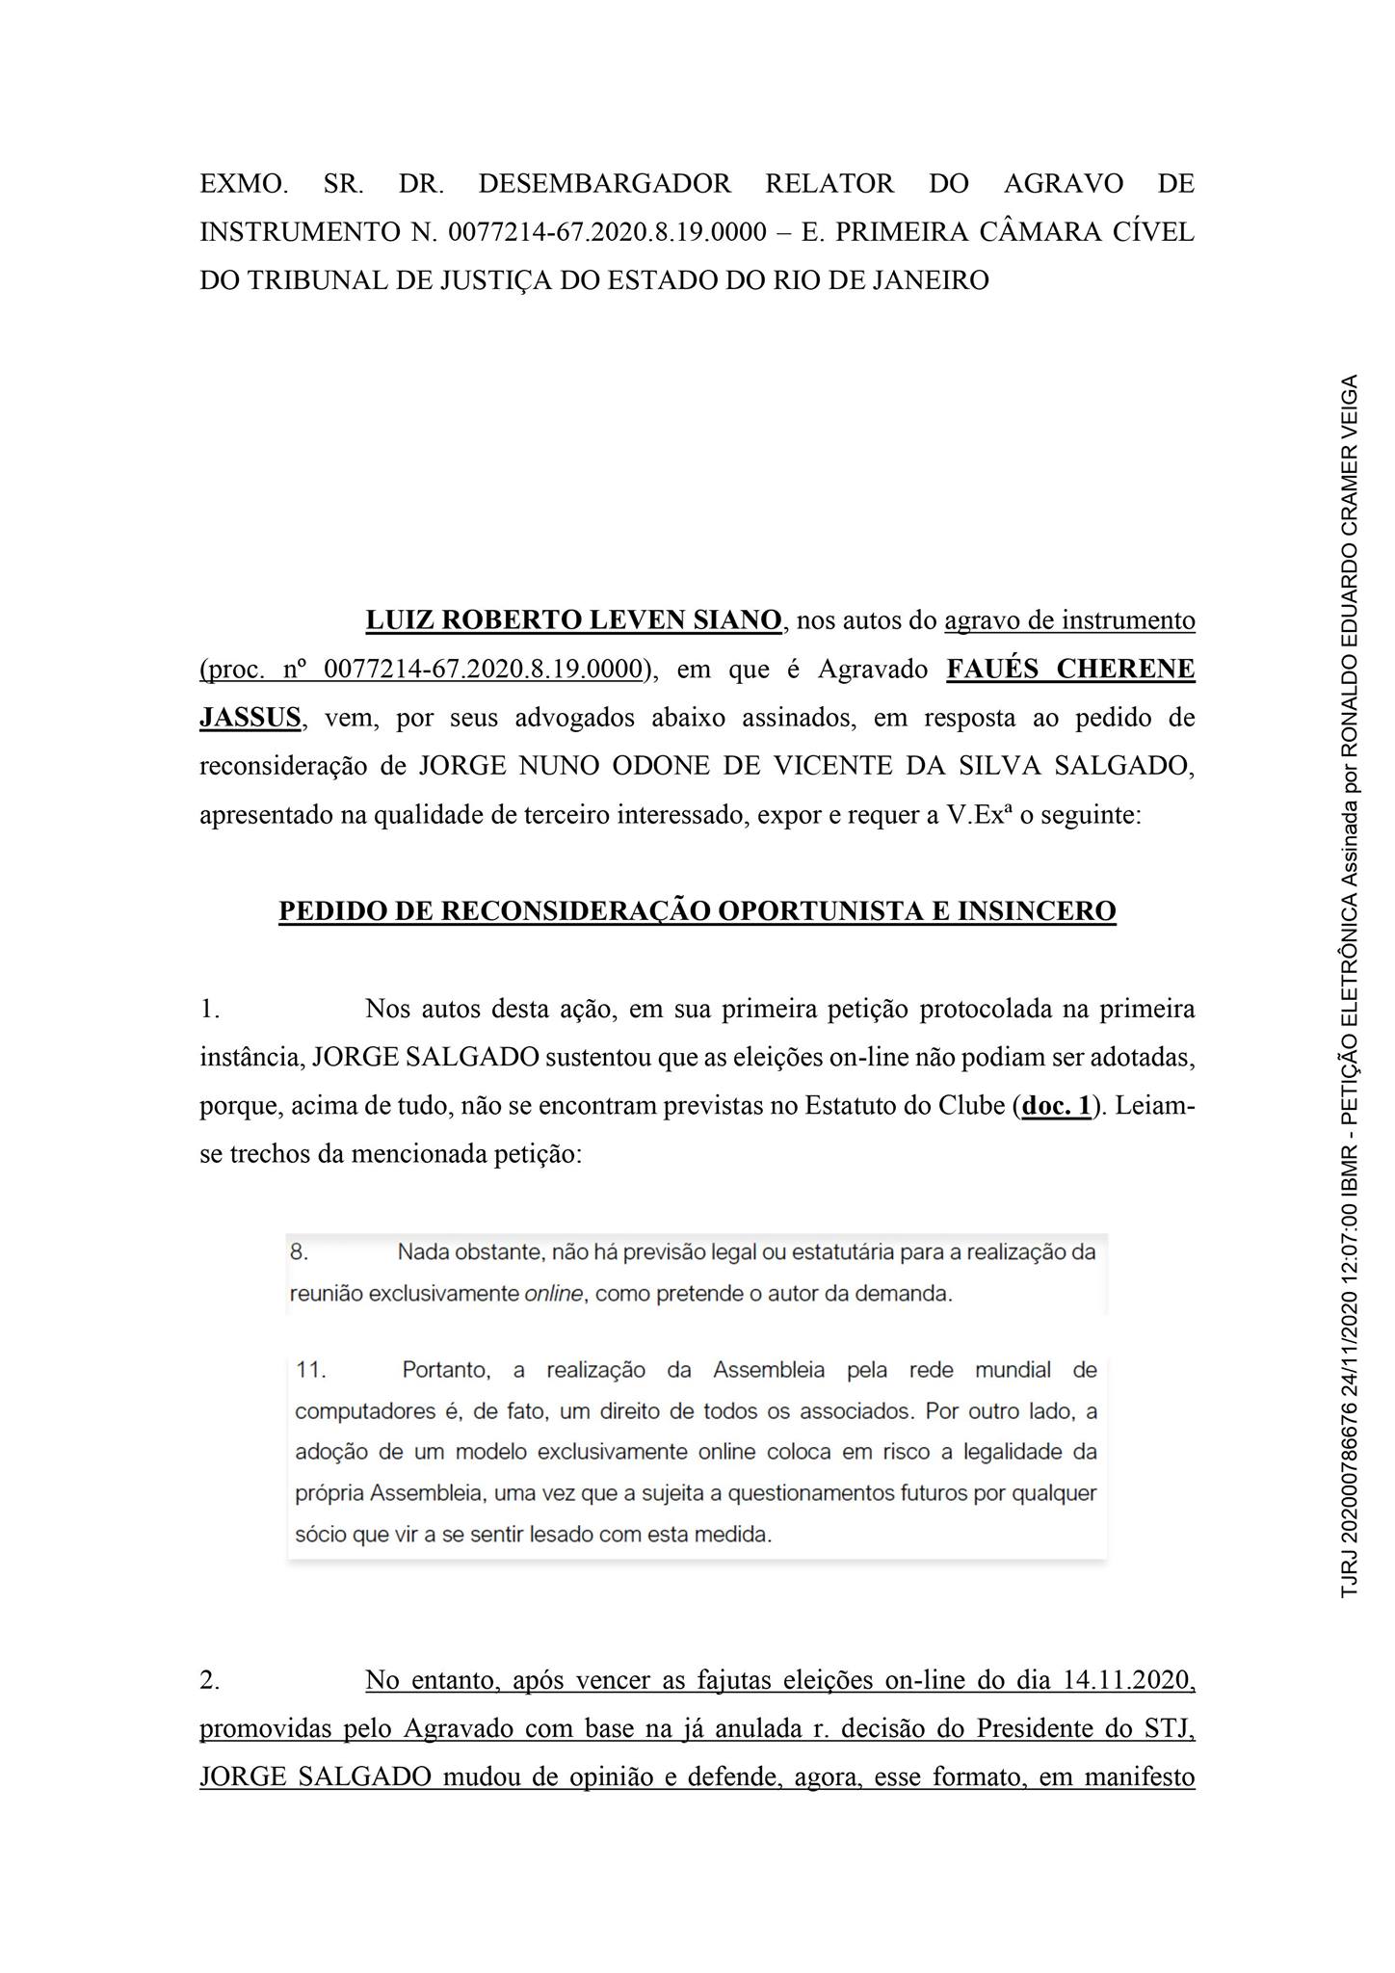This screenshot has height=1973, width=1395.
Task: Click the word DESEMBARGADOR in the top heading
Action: [604, 183]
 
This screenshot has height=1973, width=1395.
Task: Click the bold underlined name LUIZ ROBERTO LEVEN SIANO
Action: [573, 620]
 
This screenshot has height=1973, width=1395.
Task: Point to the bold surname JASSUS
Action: [250, 718]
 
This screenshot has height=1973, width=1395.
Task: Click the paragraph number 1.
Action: [210, 1009]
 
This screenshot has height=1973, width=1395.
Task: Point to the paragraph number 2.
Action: [210, 1680]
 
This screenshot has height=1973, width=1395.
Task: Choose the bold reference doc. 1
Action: [1057, 1106]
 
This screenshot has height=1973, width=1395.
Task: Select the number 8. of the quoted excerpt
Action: [299, 1252]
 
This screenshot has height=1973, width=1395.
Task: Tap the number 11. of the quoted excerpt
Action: [311, 1370]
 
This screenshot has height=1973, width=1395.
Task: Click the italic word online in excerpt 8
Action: [554, 1294]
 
